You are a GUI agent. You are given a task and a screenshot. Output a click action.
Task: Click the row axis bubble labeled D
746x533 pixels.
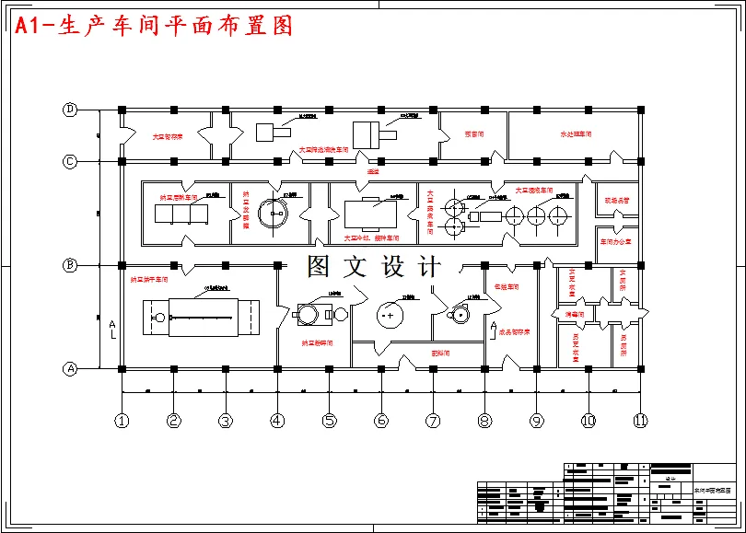pyautogui.click(x=70, y=110)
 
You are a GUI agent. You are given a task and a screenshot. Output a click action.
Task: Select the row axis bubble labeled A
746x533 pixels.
pyautogui.click(x=70, y=369)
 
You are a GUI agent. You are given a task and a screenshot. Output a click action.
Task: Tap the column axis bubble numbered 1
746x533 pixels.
pyautogui.click(x=122, y=421)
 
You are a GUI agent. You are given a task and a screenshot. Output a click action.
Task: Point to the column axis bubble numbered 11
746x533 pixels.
pyautogui.click(x=640, y=421)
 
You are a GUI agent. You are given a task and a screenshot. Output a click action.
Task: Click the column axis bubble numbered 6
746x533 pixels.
pyautogui.click(x=381, y=421)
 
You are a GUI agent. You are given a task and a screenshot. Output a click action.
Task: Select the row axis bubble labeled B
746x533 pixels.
pyautogui.click(x=70, y=265)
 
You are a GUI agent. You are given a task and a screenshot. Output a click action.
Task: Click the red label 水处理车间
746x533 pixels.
pyautogui.click(x=576, y=134)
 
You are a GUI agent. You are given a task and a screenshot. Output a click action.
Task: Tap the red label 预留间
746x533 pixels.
pyautogui.click(x=474, y=134)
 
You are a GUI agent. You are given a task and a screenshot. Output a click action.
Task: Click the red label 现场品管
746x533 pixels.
pyautogui.click(x=616, y=200)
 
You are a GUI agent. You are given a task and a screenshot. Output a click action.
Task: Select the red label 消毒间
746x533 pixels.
pyautogui.click(x=574, y=315)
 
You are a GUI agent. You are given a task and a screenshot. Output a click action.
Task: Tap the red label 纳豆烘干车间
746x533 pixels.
pyautogui.click(x=148, y=279)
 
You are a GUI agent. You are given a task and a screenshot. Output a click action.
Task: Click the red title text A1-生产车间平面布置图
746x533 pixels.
pyautogui.click(x=154, y=26)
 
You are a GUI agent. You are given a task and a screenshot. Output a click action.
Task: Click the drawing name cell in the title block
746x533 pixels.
pyautogui.click(x=714, y=492)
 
